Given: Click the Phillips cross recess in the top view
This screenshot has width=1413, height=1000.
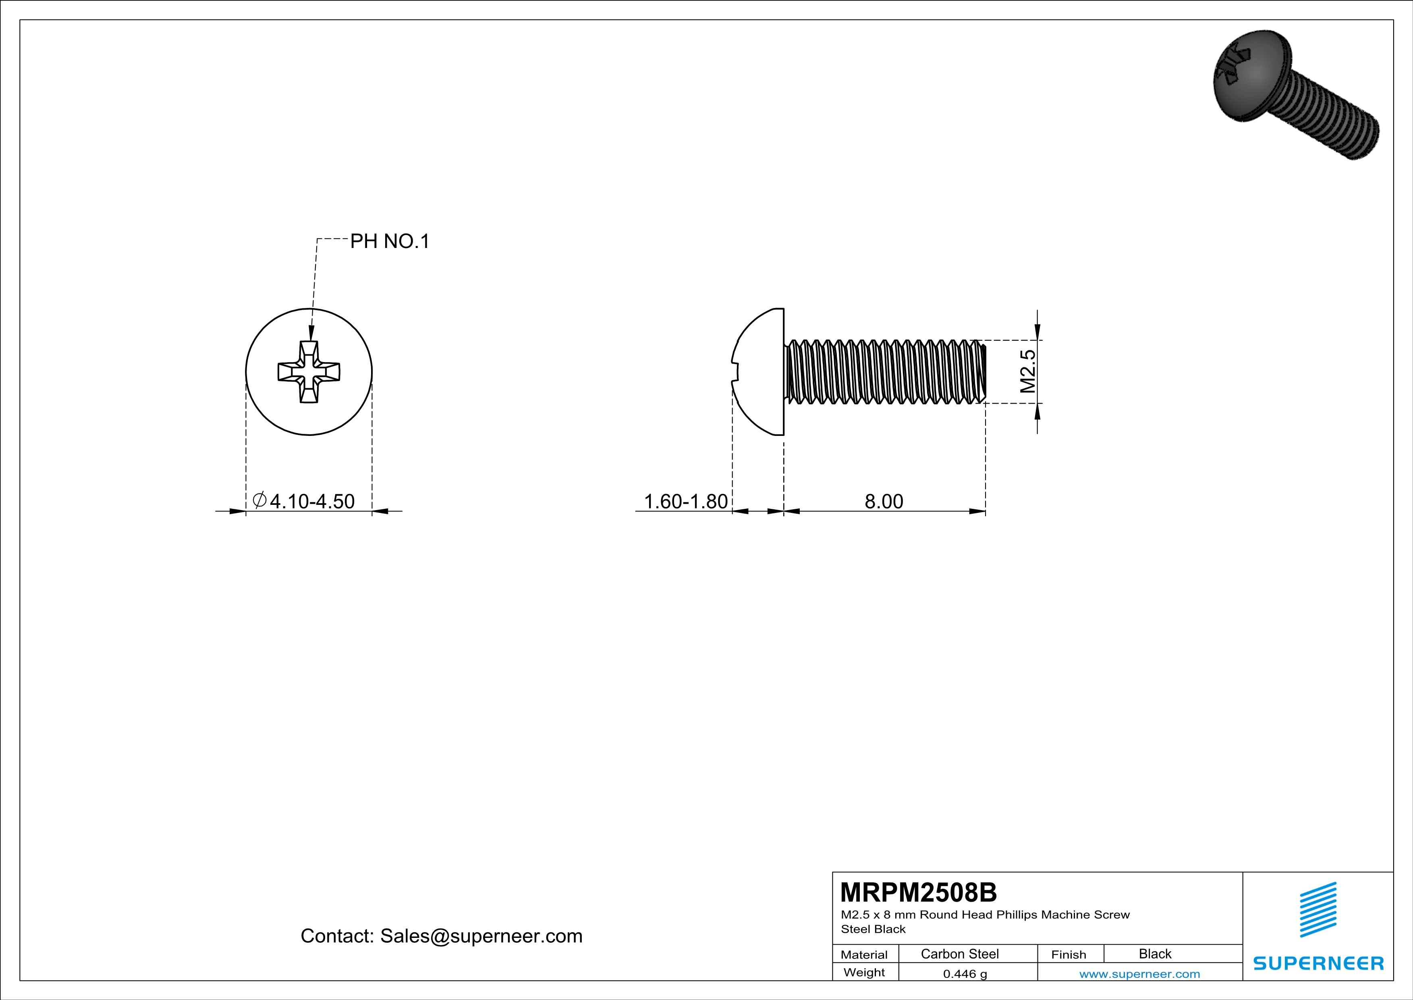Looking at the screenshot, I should click(x=309, y=372).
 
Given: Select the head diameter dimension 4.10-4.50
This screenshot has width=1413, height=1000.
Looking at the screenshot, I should click(x=312, y=501).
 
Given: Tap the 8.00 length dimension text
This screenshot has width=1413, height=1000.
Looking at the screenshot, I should click(x=884, y=501).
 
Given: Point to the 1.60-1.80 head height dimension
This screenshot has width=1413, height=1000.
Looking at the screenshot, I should click(x=686, y=501).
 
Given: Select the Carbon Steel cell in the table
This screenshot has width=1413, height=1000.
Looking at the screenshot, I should click(x=959, y=954).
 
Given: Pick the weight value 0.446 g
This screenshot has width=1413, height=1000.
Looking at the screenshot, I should click(x=964, y=973).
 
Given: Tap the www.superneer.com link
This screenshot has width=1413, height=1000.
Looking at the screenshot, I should click(x=1139, y=973).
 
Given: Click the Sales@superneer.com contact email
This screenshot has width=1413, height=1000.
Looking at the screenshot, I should click(x=481, y=936).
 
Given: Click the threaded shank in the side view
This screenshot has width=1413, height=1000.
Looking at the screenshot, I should click(x=885, y=372).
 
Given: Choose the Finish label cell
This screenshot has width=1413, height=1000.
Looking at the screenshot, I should click(x=1069, y=954).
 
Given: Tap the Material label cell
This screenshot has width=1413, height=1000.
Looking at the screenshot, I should click(x=864, y=954).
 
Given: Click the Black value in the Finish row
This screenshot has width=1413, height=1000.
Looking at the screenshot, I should click(x=1154, y=954).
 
